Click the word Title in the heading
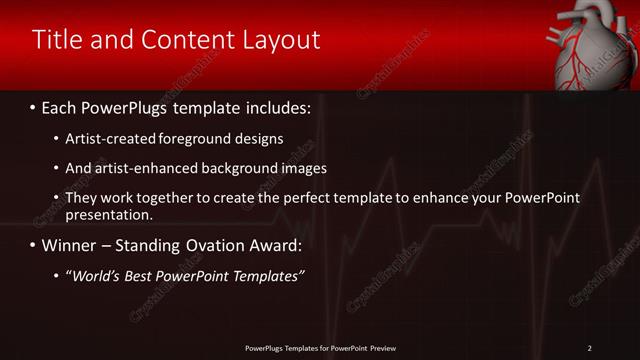pyautogui.click(x=56, y=40)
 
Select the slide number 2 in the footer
pyautogui.click(x=589, y=348)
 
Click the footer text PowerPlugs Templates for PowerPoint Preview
pyautogui.click(x=320, y=348)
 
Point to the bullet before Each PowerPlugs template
pyautogui.click(x=33, y=105)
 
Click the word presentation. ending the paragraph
pyautogui.click(x=108, y=215)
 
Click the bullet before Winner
pyautogui.click(x=33, y=245)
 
